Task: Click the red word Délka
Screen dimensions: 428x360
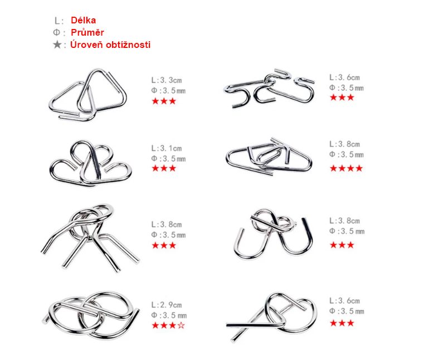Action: (83, 20)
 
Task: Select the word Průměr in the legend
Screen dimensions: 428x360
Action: (87, 32)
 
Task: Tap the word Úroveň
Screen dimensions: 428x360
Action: (86, 44)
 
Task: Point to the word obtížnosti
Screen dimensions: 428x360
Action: (128, 45)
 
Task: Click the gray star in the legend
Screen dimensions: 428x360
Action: (57, 45)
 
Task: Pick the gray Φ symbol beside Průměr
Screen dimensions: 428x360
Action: (56, 32)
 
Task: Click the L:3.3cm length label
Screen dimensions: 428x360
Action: (167, 80)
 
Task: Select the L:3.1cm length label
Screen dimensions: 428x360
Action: (167, 148)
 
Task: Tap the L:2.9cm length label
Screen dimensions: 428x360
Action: (167, 305)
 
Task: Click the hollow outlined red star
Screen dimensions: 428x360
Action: (181, 325)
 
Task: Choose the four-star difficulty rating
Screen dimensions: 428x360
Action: (346, 168)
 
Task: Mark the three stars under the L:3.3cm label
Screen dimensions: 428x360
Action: (164, 101)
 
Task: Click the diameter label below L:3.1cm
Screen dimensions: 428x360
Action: (168, 159)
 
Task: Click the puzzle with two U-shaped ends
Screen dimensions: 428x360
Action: (273, 235)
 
